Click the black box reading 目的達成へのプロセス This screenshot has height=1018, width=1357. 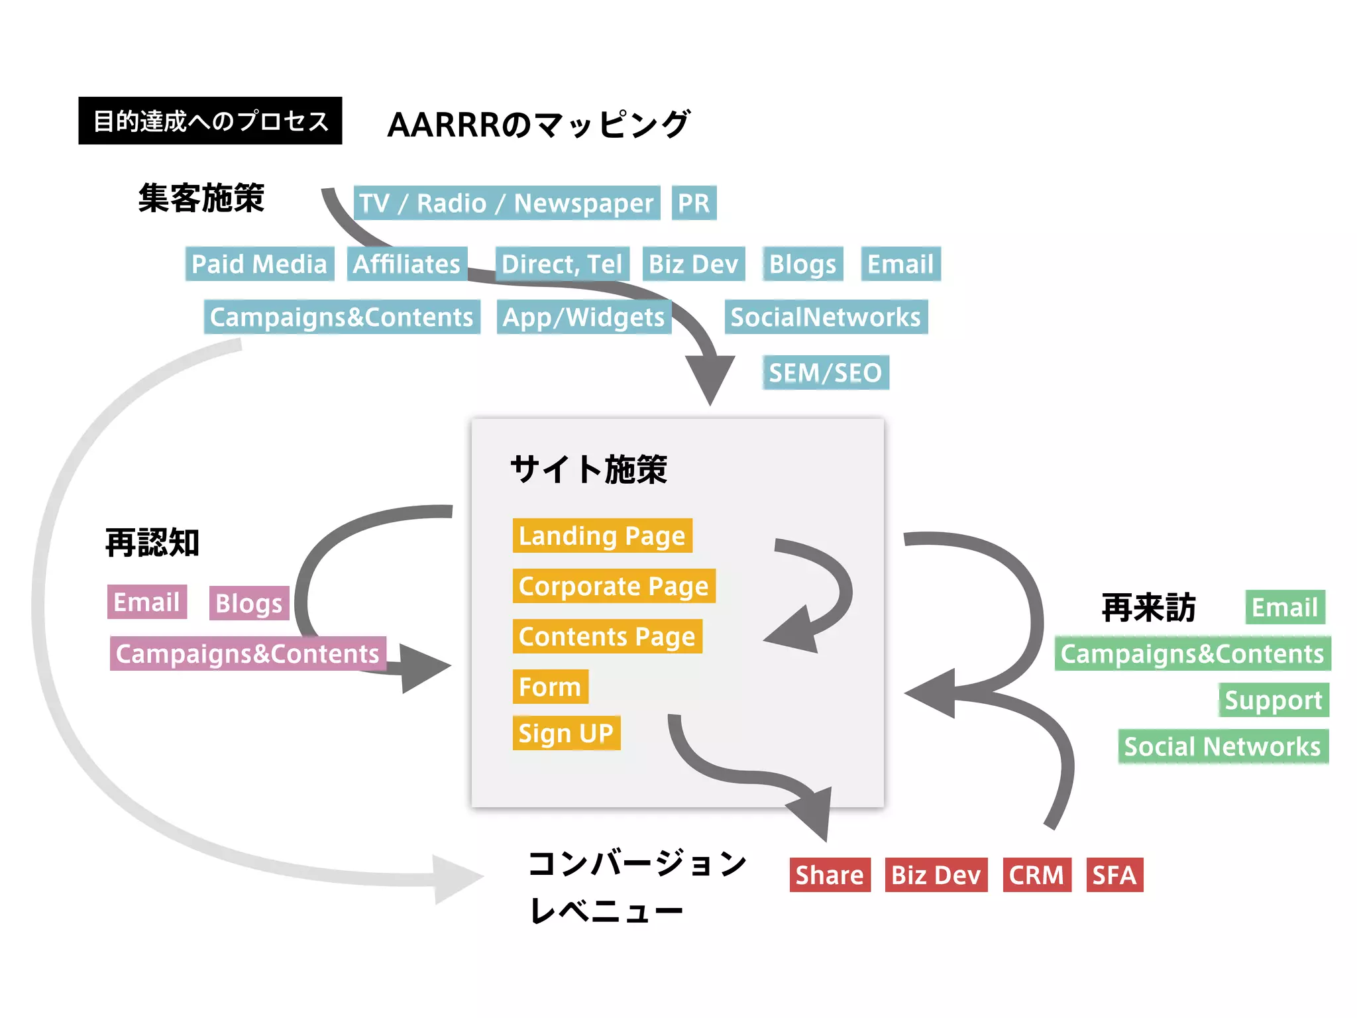click(210, 121)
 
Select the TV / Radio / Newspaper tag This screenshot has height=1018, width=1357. click(506, 203)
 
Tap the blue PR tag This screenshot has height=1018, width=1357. click(694, 203)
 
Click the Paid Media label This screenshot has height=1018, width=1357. click(259, 264)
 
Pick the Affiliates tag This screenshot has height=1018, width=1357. click(407, 264)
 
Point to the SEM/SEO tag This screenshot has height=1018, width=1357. click(825, 372)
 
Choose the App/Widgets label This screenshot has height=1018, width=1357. click(584, 317)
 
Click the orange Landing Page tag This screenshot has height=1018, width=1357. click(602, 536)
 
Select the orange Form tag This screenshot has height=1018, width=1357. click(550, 687)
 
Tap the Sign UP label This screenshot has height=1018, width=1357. click(566, 733)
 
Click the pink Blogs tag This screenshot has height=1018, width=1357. click(249, 603)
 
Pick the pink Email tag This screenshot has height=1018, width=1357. click(146, 602)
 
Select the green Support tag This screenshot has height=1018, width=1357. click(1274, 700)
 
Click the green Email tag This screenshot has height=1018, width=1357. click(1285, 607)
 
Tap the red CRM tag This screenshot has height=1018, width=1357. click(1036, 875)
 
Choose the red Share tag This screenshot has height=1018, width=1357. click(830, 875)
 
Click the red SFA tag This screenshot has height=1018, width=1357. click(1114, 875)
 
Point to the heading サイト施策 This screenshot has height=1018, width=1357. click(588, 469)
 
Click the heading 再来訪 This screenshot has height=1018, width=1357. click(1149, 607)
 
